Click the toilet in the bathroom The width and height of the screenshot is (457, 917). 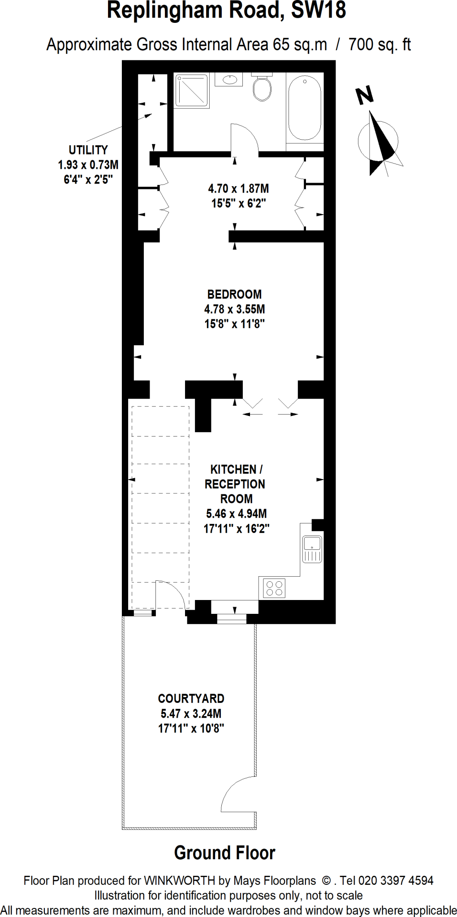pyautogui.click(x=262, y=88)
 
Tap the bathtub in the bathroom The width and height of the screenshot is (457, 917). pyautogui.click(x=305, y=107)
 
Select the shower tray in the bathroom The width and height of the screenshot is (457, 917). pyautogui.click(x=192, y=91)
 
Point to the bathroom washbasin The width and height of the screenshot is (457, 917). pyautogui.click(x=229, y=80)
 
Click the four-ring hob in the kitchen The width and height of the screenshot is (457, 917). pyautogui.click(x=274, y=588)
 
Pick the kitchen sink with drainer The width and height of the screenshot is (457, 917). pyautogui.click(x=312, y=549)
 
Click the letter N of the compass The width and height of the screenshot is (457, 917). pyautogui.click(x=365, y=94)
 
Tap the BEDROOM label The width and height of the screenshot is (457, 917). pyautogui.click(x=234, y=294)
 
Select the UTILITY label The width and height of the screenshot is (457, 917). pyautogui.click(x=88, y=150)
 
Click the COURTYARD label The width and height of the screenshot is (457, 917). pyautogui.click(x=191, y=698)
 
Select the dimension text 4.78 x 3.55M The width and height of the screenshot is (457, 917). pyautogui.click(x=234, y=309)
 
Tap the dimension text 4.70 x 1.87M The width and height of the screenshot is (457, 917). pyautogui.click(x=238, y=189)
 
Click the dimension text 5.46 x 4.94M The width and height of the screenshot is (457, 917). pyautogui.click(x=236, y=514)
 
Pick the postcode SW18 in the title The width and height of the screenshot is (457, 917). pyautogui.click(x=319, y=11)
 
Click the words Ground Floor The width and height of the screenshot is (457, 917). pyautogui.click(x=224, y=853)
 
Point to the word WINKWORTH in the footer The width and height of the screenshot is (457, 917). pyautogui.click(x=179, y=881)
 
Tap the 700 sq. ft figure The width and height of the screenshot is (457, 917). pyautogui.click(x=379, y=45)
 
